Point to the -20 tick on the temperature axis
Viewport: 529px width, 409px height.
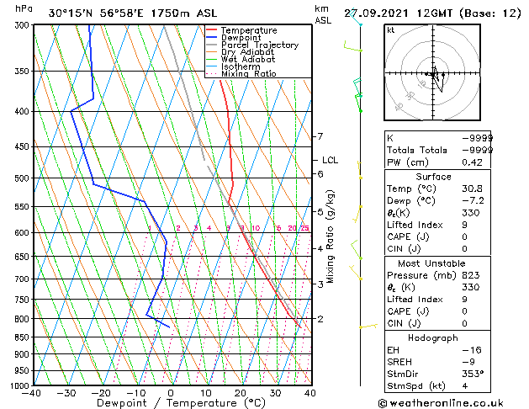(x=101, y=392)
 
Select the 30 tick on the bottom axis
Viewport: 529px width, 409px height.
(x=275, y=392)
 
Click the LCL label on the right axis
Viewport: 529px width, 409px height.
(x=330, y=160)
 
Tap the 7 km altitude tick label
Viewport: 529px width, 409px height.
(x=320, y=136)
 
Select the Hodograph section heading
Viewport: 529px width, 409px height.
(x=433, y=337)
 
